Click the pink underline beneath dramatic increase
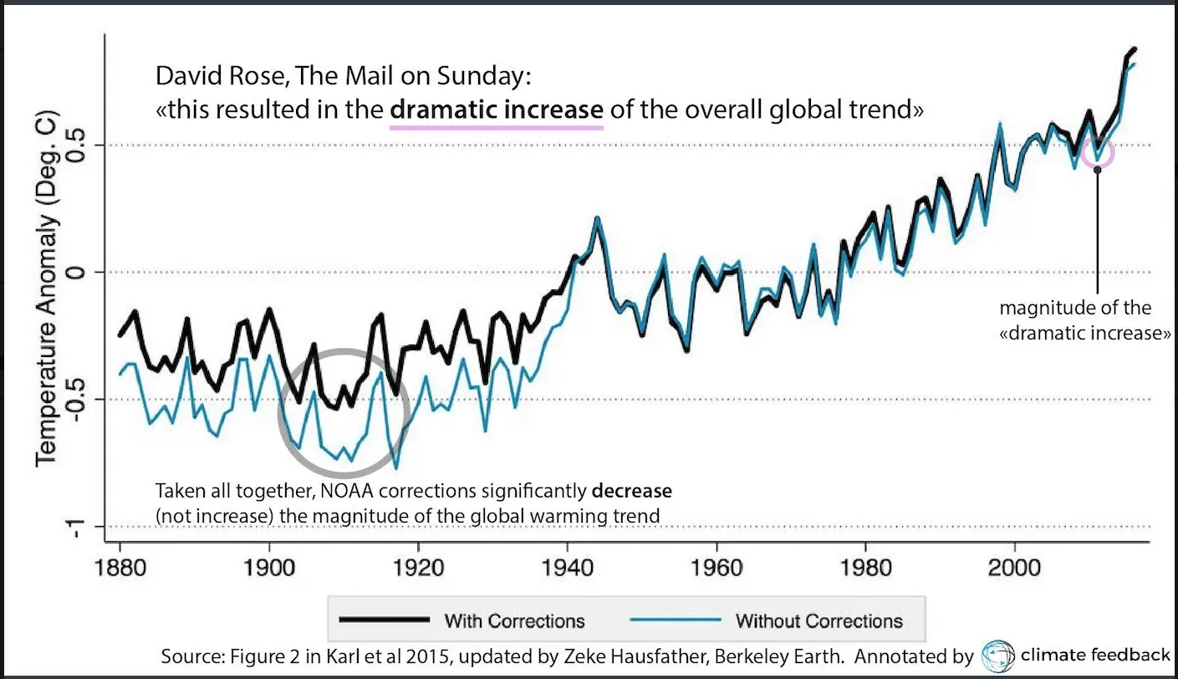[497, 128]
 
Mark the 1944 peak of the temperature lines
[598, 218]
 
